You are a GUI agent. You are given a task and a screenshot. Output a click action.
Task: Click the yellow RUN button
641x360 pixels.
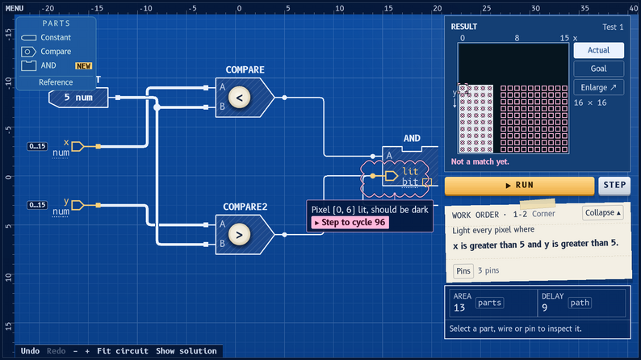tap(519, 186)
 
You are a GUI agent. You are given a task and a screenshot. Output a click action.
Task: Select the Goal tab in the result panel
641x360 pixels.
tap(598, 69)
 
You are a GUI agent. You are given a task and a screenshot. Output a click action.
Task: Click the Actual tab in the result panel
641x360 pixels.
tap(598, 50)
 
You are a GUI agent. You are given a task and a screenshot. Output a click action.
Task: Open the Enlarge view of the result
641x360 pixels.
tap(598, 87)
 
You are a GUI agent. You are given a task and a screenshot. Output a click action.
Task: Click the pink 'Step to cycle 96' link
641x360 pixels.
tap(350, 222)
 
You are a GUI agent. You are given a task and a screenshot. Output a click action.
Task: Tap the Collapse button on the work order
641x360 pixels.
tap(602, 213)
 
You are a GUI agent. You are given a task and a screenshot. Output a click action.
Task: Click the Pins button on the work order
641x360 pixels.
tap(463, 271)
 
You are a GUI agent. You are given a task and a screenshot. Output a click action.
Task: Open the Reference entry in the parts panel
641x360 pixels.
tap(56, 82)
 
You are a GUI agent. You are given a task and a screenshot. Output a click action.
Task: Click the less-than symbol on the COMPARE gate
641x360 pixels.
tap(239, 98)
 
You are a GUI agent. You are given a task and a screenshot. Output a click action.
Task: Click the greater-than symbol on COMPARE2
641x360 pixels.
tap(239, 235)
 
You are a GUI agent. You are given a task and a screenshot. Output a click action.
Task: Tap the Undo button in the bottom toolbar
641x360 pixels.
tap(30, 351)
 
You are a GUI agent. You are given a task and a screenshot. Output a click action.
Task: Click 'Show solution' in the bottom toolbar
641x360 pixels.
tap(186, 351)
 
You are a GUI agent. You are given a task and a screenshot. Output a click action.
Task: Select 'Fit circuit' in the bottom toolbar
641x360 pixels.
tap(123, 351)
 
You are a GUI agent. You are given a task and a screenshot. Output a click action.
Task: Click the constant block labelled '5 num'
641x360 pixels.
tap(78, 98)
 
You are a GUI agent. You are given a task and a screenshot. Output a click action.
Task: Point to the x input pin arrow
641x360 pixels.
tap(78, 146)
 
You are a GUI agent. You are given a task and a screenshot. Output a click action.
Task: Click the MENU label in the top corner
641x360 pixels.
tap(15, 8)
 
